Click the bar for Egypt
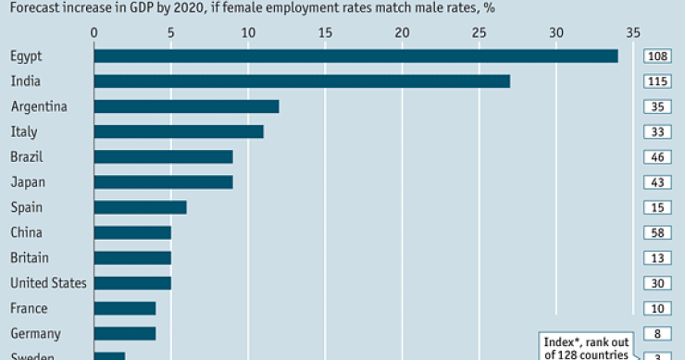[x=355, y=56]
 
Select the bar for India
[x=302, y=81]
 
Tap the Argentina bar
[x=186, y=106]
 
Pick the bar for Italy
[x=179, y=131]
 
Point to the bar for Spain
[x=140, y=207]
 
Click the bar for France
[x=124, y=307]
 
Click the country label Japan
[x=27, y=182]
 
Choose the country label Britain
[x=29, y=257]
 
